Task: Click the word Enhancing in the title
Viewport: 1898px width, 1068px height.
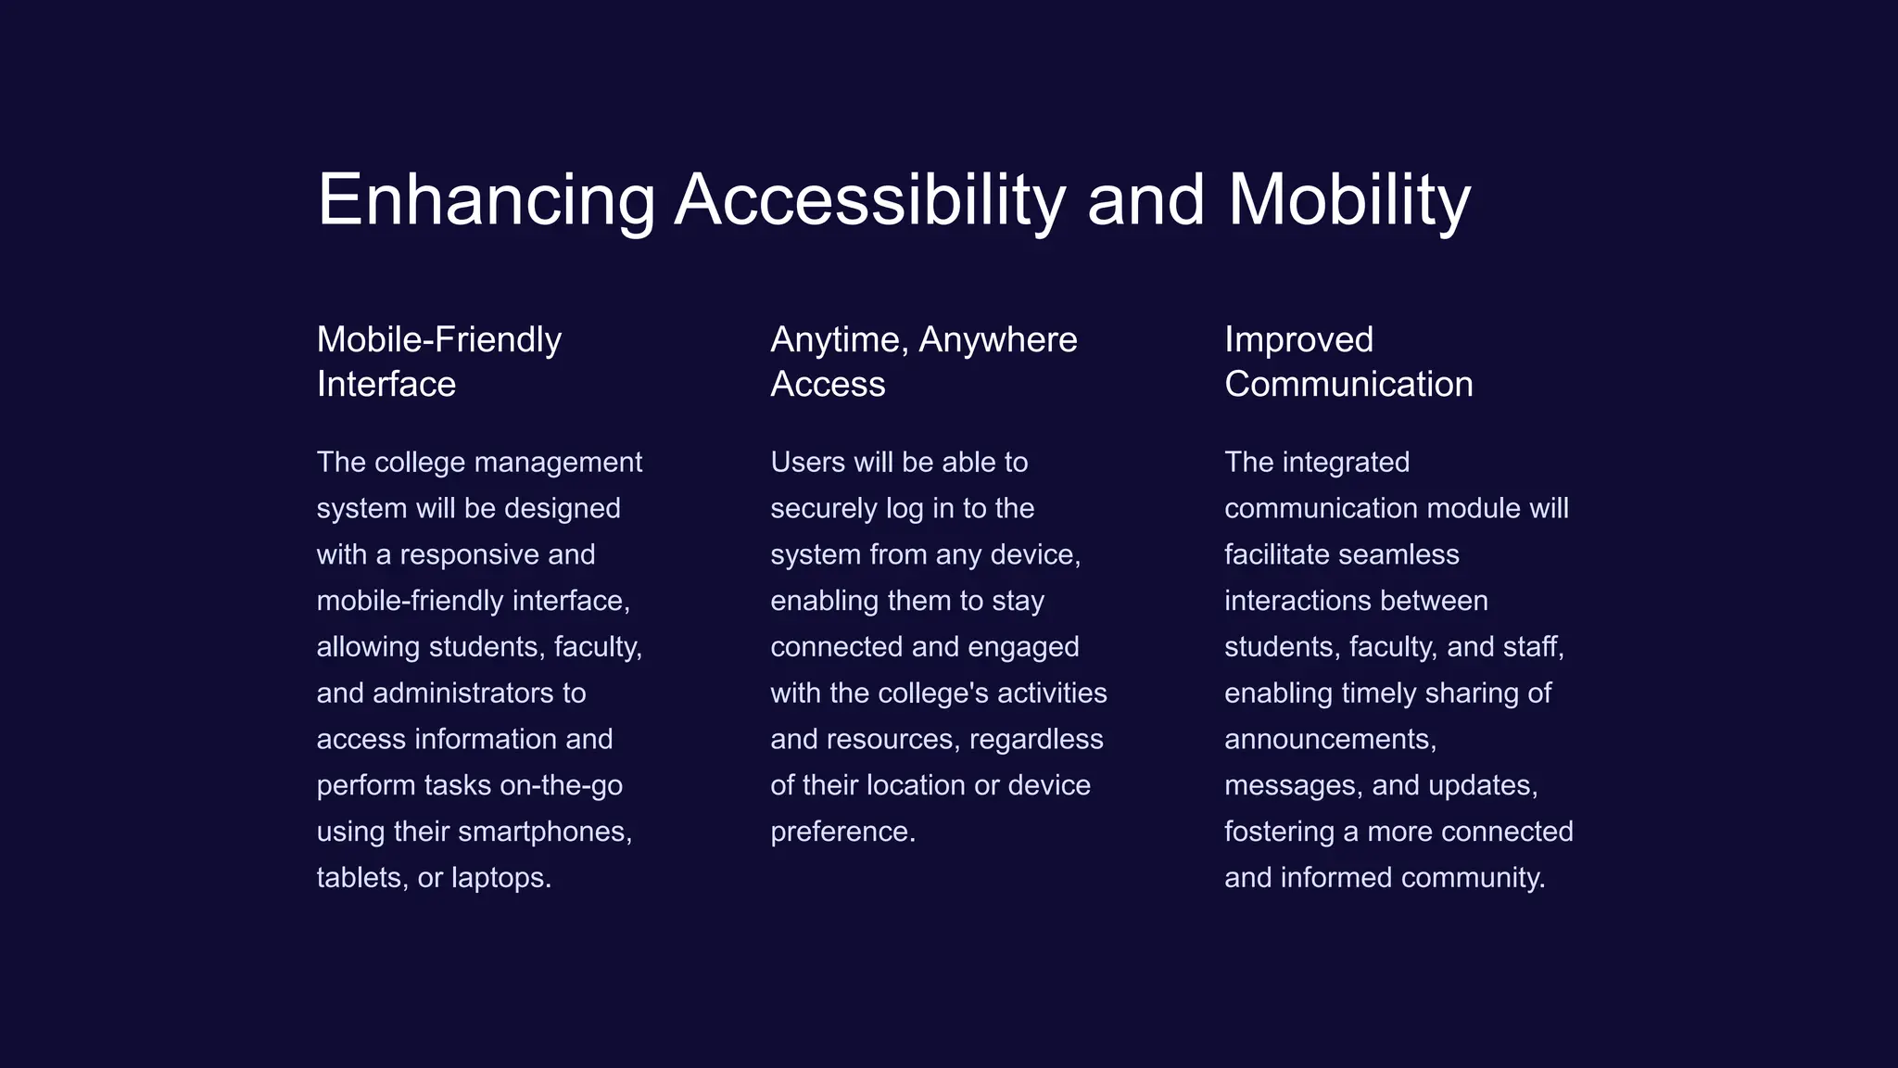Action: click(x=487, y=200)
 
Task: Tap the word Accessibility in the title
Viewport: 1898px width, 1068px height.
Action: click(x=869, y=200)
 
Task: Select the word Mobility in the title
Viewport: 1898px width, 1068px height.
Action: click(x=1348, y=200)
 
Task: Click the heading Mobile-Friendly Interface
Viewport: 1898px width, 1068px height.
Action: click(x=438, y=362)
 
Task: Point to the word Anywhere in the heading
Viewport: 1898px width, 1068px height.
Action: click(x=997, y=340)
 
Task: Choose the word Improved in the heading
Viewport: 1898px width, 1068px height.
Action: click(x=1298, y=340)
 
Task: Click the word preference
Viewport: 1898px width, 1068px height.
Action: click(x=842, y=832)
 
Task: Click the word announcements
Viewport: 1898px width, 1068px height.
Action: click(x=1330, y=740)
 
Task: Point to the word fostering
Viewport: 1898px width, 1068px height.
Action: click(x=1279, y=832)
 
